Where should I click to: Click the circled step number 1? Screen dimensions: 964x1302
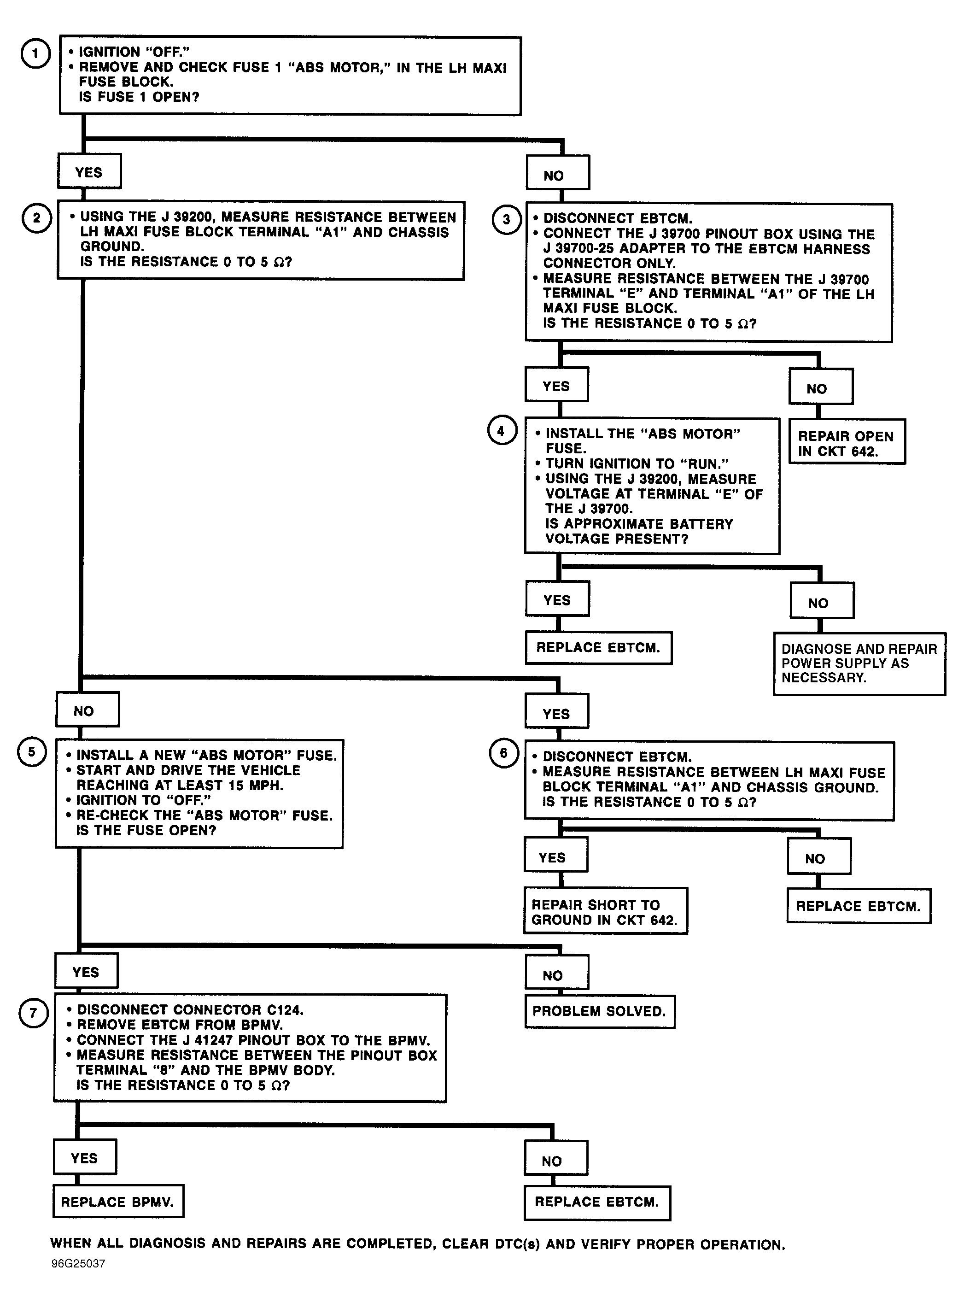coord(35,54)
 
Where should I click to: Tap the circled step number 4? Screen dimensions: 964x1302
coord(502,431)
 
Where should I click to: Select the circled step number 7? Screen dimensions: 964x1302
coord(33,1013)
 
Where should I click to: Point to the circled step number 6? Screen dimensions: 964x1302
coord(503,753)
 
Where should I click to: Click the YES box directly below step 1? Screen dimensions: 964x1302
coord(89,171)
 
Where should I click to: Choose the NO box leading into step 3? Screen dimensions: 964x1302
coord(558,173)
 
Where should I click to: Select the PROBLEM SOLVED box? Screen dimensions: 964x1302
coord(600,1012)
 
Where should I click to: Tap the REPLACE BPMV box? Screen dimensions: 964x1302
coord(118,1201)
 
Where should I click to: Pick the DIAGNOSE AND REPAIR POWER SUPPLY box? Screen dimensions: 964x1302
coord(859,663)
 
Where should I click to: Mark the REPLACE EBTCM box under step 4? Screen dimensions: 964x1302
coord(599,648)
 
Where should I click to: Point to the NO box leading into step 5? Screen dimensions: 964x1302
coord(88,709)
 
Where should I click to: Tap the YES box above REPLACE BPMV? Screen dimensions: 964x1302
coord(85,1157)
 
